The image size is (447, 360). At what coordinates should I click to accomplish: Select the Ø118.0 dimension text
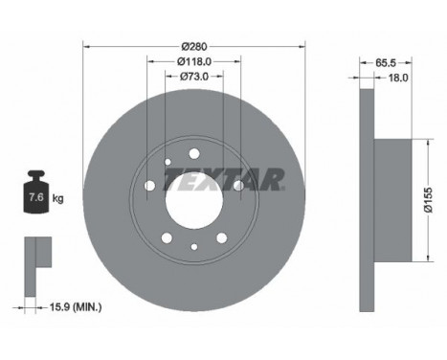[194, 61]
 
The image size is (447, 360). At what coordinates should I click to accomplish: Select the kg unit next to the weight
[58, 199]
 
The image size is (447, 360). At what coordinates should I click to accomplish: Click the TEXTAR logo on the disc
[225, 179]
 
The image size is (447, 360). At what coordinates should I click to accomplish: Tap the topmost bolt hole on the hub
[193, 153]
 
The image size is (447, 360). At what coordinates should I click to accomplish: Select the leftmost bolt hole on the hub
[149, 186]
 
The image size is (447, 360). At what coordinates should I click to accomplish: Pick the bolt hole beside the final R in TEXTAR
[238, 185]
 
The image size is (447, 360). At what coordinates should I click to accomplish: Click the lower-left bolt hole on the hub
[167, 237]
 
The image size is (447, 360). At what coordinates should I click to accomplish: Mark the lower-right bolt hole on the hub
[221, 237]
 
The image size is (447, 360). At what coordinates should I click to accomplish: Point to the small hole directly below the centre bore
[193, 247]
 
